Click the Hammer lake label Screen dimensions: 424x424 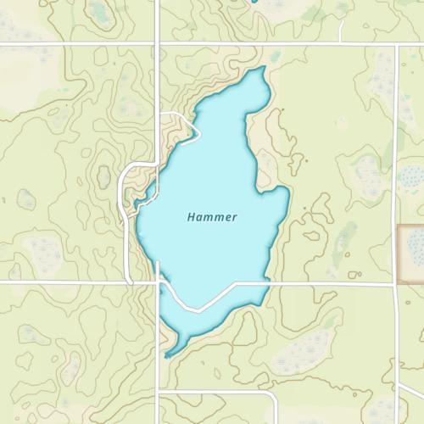pos(212,217)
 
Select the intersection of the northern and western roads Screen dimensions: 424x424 pos(159,42)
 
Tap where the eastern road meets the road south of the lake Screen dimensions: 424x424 pos(397,284)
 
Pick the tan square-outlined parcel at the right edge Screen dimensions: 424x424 pos(412,253)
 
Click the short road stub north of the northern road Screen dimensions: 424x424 pos(341,29)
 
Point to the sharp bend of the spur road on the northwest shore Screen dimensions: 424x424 pos(198,131)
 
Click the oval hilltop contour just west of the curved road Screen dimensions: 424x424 pos(103,177)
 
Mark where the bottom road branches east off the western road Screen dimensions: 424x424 pos(159,391)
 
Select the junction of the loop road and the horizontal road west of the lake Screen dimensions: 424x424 pos(128,282)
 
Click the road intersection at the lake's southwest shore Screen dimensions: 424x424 pos(159,282)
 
